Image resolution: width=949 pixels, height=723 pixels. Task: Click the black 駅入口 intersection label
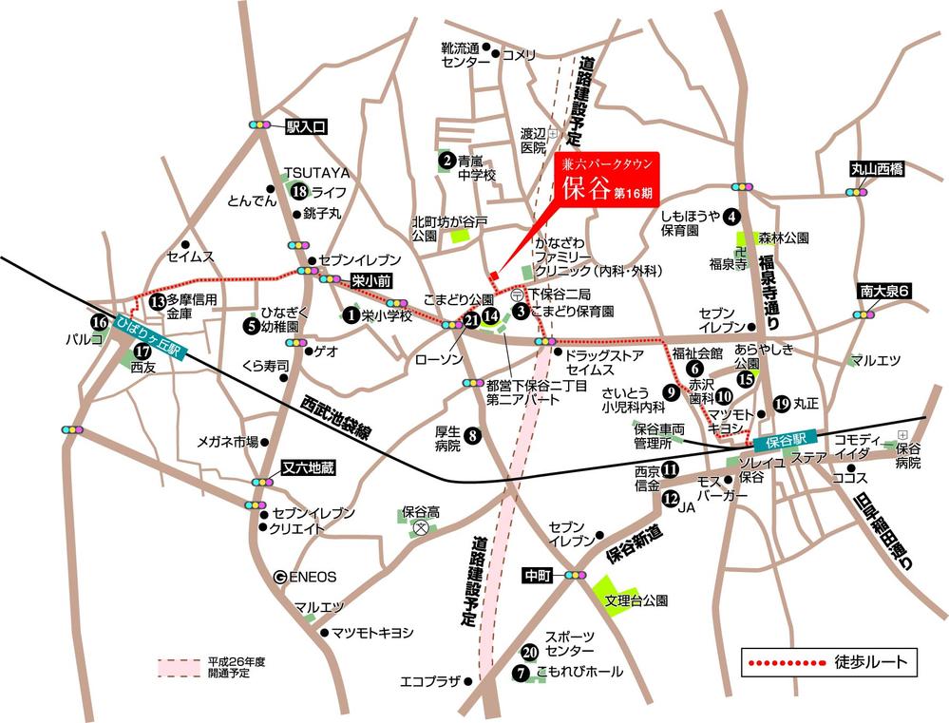pos(306,125)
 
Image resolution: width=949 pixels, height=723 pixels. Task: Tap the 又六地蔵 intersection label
pos(310,467)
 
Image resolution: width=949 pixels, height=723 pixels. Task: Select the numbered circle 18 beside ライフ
pos(299,192)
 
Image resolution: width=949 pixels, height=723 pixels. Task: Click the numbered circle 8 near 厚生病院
pos(472,436)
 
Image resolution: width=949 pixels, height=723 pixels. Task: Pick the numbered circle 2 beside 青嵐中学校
pos(446,160)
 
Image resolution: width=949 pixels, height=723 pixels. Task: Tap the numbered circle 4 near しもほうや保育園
pos(732,216)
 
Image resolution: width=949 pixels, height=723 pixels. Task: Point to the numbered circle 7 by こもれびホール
pos(521,673)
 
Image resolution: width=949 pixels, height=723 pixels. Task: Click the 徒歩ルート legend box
pos(829,660)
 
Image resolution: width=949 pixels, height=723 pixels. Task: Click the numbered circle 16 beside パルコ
pos(100,322)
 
